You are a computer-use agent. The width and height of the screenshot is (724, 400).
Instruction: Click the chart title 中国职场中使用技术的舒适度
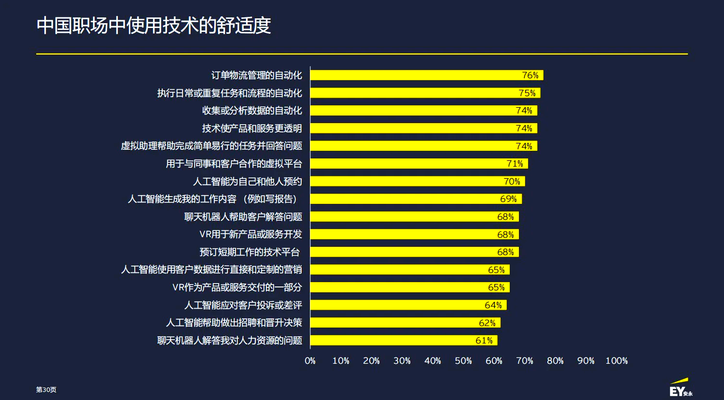tap(153, 26)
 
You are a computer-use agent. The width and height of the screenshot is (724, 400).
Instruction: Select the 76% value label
tap(530, 75)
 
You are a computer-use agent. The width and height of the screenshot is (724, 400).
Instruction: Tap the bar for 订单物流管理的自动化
tap(415, 75)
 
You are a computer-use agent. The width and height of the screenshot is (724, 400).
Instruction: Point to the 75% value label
tap(527, 93)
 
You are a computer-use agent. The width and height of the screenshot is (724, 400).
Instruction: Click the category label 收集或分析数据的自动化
tap(252, 111)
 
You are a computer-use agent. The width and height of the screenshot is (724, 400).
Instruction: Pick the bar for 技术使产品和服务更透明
tap(415, 129)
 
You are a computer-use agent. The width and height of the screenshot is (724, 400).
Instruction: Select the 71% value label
tap(515, 164)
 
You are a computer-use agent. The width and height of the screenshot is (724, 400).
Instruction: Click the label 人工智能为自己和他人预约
tap(248, 182)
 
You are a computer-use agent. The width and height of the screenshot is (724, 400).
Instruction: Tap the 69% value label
tap(508, 199)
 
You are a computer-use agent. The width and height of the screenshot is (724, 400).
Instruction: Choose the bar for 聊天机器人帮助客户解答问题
tap(405, 217)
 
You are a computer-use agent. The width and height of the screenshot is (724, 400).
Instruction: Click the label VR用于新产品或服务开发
tap(251, 234)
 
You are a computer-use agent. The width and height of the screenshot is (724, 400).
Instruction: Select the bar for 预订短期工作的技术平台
tap(405, 252)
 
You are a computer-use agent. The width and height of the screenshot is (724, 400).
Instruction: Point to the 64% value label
tap(493, 305)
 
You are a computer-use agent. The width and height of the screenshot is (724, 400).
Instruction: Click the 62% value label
tap(487, 323)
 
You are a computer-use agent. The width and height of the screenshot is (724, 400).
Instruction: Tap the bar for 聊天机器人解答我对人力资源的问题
tap(396, 341)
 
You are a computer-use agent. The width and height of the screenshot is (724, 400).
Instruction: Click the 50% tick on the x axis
tap(463, 361)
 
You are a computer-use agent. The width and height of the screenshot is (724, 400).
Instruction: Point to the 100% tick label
tap(616, 361)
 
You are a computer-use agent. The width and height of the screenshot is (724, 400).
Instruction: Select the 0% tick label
tap(310, 361)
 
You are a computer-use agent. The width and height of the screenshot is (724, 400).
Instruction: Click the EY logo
tap(681, 389)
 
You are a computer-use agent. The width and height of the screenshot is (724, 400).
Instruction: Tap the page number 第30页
tap(46, 390)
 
